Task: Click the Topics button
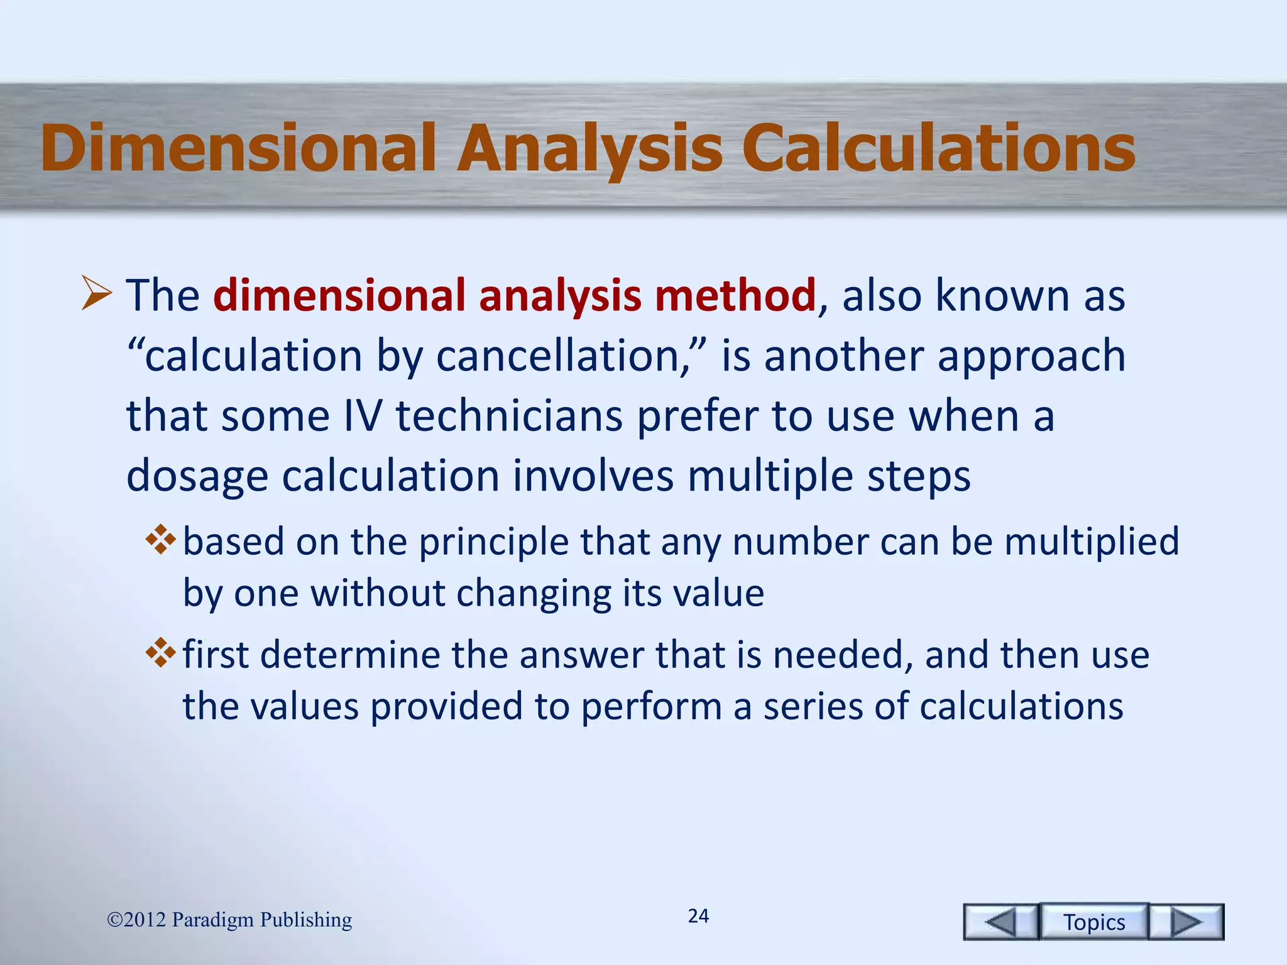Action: (x=1093, y=922)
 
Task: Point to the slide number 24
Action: (x=698, y=916)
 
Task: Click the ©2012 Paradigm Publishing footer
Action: (x=229, y=920)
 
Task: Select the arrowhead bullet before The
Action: (x=97, y=295)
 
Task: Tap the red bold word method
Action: (x=735, y=295)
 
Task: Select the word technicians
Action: (x=508, y=416)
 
